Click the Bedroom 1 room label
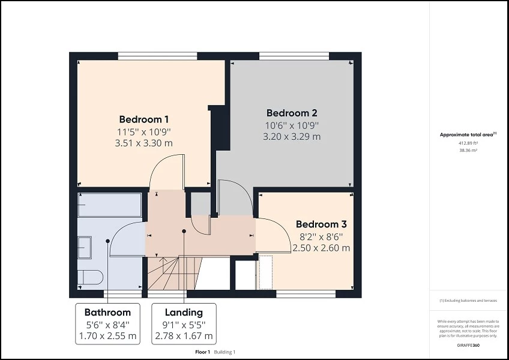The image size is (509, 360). click(x=143, y=119)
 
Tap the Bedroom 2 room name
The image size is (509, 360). click(x=292, y=113)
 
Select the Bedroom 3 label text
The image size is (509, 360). click(x=321, y=224)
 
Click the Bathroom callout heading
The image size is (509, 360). click(x=107, y=312)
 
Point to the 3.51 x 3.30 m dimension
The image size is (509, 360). click(x=143, y=143)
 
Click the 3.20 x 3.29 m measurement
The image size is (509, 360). click(x=292, y=136)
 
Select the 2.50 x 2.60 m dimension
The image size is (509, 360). click(x=321, y=247)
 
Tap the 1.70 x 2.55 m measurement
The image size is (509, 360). click(x=107, y=335)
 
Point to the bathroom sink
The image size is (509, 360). click(x=85, y=246)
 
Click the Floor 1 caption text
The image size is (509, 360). click(x=203, y=352)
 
